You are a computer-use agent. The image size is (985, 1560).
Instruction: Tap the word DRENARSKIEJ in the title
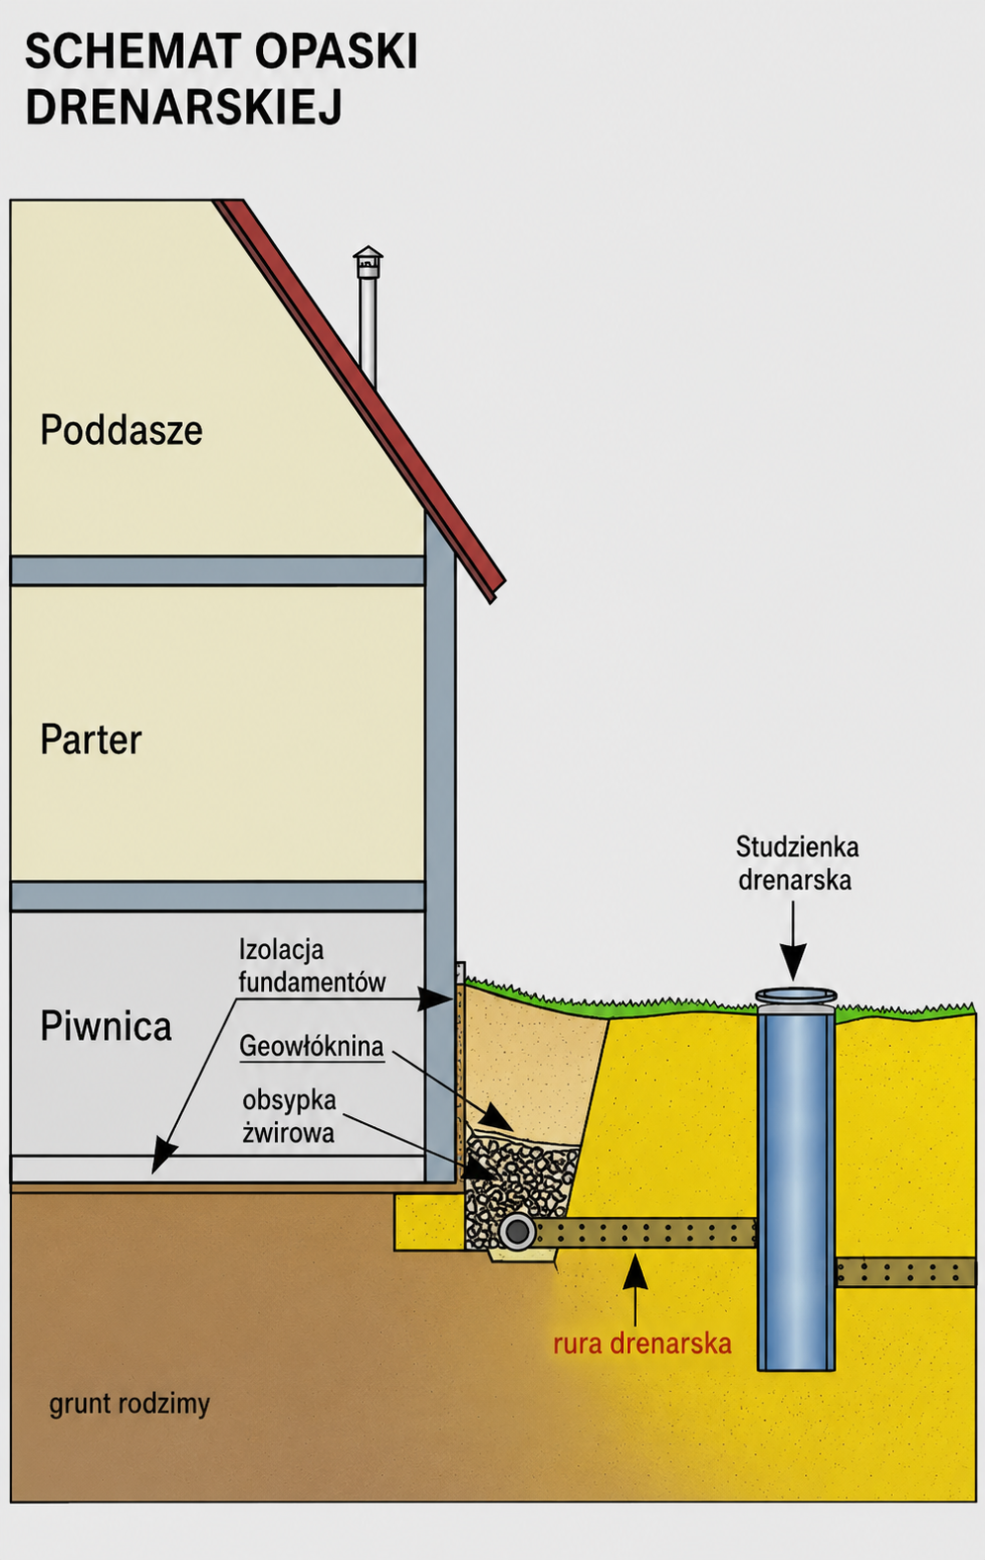coord(184,107)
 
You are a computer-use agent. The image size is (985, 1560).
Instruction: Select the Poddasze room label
coord(122,430)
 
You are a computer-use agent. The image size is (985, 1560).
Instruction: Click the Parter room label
coord(91,738)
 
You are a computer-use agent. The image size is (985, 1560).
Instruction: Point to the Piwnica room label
coord(106,1026)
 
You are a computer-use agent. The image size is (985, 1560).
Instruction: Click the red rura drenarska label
coord(642,1343)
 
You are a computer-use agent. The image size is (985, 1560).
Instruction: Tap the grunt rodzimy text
coord(130,1403)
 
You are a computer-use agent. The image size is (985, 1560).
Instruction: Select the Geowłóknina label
coord(312,1046)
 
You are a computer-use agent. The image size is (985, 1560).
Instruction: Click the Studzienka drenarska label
coord(796,864)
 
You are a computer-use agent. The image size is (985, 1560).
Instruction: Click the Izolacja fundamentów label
coord(313,966)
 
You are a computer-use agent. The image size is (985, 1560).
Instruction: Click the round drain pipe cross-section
coord(517,1232)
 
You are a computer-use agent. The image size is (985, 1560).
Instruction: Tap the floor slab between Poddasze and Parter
coord(218,570)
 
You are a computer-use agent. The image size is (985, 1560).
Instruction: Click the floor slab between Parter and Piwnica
coord(218,897)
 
